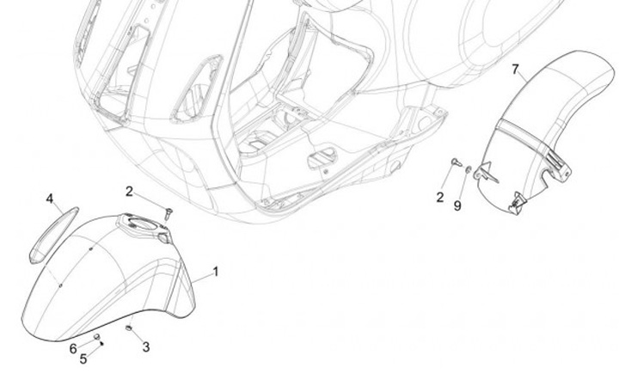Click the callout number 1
[x=216, y=272]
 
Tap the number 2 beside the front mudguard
[x=129, y=191]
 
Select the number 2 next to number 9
[x=439, y=198]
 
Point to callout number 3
[x=146, y=347]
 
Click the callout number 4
[x=50, y=199]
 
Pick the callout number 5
[x=83, y=359]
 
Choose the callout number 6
[x=74, y=347]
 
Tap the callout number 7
[x=515, y=68]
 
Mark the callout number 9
[x=458, y=205]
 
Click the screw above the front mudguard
[x=169, y=211]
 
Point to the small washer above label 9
[x=468, y=170]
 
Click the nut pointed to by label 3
[x=129, y=328]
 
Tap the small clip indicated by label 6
[x=96, y=334]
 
